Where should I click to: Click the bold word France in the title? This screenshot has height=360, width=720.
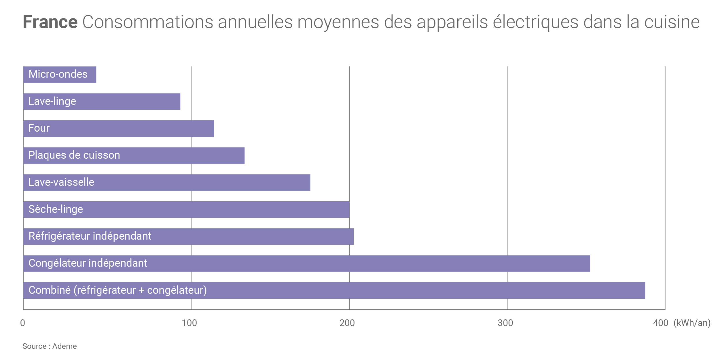tap(50, 22)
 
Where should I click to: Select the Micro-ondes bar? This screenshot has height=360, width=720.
tap(60, 75)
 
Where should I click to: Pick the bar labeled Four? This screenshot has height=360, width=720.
tap(118, 128)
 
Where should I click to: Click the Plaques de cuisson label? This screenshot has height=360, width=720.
tap(74, 155)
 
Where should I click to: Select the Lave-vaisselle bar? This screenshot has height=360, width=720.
tap(166, 183)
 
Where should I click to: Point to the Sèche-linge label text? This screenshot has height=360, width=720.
tap(56, 209)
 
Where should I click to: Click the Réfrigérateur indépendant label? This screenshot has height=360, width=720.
tap(90, 236)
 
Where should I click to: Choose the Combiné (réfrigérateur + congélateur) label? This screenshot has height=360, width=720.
tap(118, 290)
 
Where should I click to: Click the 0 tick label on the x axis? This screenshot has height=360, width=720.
tap(22, 323)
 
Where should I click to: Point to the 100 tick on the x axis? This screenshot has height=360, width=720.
tap(189, 323)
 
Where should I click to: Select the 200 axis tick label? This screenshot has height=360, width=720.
tap(347, 323)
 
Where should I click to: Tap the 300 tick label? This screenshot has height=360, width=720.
tap(505, 323)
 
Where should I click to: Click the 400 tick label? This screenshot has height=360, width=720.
tap(660, 323)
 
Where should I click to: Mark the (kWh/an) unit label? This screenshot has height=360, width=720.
tap(692, 323)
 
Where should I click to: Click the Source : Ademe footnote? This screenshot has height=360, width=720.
tap(50, 346)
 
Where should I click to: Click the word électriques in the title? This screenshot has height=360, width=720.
tap(535, 22)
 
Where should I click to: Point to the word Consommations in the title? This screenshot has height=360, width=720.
tap(147, 22)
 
